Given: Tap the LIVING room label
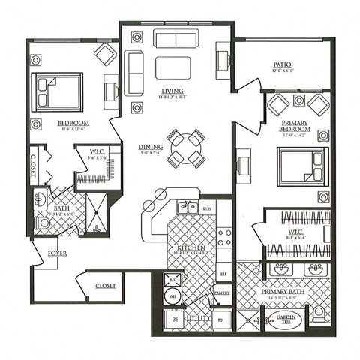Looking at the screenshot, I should [x=172, y=91].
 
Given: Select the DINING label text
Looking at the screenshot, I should [x=151, y=147].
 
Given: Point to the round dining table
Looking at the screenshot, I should [x=185, y=148].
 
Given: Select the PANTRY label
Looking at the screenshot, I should [x=222, y=293].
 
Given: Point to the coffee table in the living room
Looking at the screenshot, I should [x=172, y=67].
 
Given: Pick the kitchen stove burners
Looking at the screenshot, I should [x=224, y=238].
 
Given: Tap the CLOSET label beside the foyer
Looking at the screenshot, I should [x=105, y=286].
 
